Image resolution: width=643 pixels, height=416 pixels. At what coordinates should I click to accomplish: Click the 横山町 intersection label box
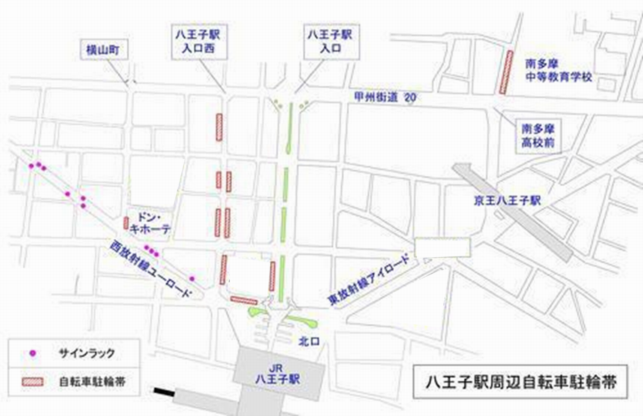tap(103, 50)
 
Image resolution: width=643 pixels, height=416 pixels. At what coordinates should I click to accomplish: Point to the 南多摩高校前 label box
tap(538, 136)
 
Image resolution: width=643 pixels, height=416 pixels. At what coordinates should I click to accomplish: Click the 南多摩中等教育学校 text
tap(559, 71)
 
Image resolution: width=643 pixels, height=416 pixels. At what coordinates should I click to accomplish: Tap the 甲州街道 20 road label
tap(385, 97)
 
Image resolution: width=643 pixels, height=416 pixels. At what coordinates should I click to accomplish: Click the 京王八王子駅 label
tap(508, 201)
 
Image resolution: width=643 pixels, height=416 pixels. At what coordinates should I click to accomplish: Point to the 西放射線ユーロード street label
tap(150, 268)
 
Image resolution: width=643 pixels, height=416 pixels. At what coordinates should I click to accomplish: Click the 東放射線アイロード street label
tap(369, 279)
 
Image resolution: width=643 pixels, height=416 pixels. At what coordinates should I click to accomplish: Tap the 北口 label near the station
tap(309, 341)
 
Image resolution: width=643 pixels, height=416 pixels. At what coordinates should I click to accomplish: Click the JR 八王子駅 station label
tap(277, 374)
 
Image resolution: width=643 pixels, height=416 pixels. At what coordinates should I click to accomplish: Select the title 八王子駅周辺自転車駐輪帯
tap(520, 381)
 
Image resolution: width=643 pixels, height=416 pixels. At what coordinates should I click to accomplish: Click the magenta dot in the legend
tap(33, 353)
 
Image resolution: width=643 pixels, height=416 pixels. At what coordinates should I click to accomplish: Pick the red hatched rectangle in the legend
tap(33, 382)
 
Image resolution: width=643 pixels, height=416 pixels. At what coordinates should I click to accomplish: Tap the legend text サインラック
tap(87, 353)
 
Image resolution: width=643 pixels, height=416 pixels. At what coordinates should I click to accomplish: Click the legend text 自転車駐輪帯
tap(92, 382)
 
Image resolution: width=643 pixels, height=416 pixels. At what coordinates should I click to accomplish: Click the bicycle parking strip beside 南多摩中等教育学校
tap(506, 72)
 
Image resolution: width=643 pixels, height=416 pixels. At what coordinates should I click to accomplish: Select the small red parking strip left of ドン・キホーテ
tap(126, 223)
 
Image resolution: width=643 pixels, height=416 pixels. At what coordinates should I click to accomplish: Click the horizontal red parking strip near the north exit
tap(243, 300)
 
